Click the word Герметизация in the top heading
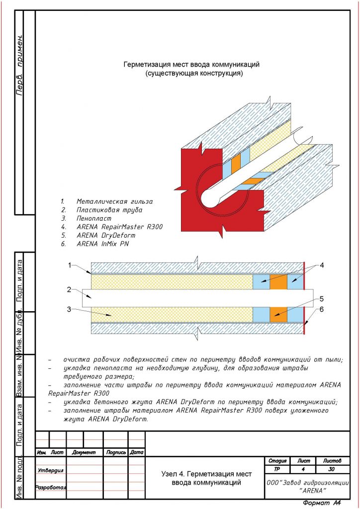click(x=147, y=65)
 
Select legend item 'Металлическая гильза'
click(x=114, y=201)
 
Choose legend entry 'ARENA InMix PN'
click(x=103, y=244)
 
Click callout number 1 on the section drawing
click(x=70, y=265)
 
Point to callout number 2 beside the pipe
click(x=70, y=289)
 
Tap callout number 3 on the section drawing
click(x=70, y=309)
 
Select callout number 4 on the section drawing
click(x=322, y=265)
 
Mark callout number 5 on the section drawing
click(x=322, y=299)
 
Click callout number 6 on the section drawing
click(x=322, y=309)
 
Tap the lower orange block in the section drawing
click(x=278, y=314)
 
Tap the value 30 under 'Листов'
click(x=332, y=469)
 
